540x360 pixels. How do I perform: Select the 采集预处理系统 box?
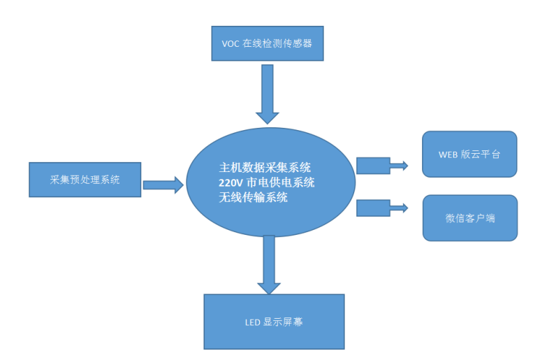(x=85, y=180)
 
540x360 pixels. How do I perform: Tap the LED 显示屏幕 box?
(x=274, y=322)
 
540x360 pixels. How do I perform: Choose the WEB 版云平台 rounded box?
(x=469, y=154)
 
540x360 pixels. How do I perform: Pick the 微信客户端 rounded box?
(x=470, y=217)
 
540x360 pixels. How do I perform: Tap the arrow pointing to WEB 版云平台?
(x=381, y=166)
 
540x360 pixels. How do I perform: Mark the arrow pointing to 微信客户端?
(x=381, y=208)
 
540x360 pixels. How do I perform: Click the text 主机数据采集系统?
(x=265, y=168)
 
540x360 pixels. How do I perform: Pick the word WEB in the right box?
(x=448, y=154)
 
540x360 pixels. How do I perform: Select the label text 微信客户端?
(x=470, y=218)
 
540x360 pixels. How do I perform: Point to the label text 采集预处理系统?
(x=85, y=180)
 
